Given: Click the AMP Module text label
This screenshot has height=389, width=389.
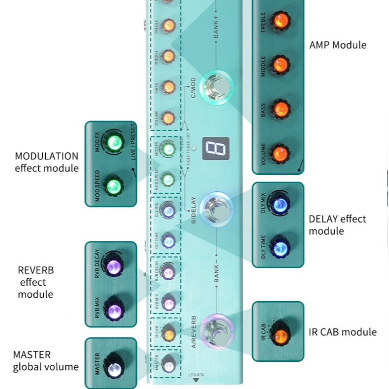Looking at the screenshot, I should point(338,45).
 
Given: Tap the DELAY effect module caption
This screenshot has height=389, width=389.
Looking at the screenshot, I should point(338,224).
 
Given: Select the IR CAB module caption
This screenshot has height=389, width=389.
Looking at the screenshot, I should point(342,332).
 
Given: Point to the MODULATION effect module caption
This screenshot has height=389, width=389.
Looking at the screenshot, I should point(47,162).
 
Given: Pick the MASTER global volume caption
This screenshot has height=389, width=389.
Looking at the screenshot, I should point(46,361).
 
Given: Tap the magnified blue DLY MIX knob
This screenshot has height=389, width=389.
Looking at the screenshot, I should point(280,205).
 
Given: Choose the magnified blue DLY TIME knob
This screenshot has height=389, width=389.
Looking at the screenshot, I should point(280,249).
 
